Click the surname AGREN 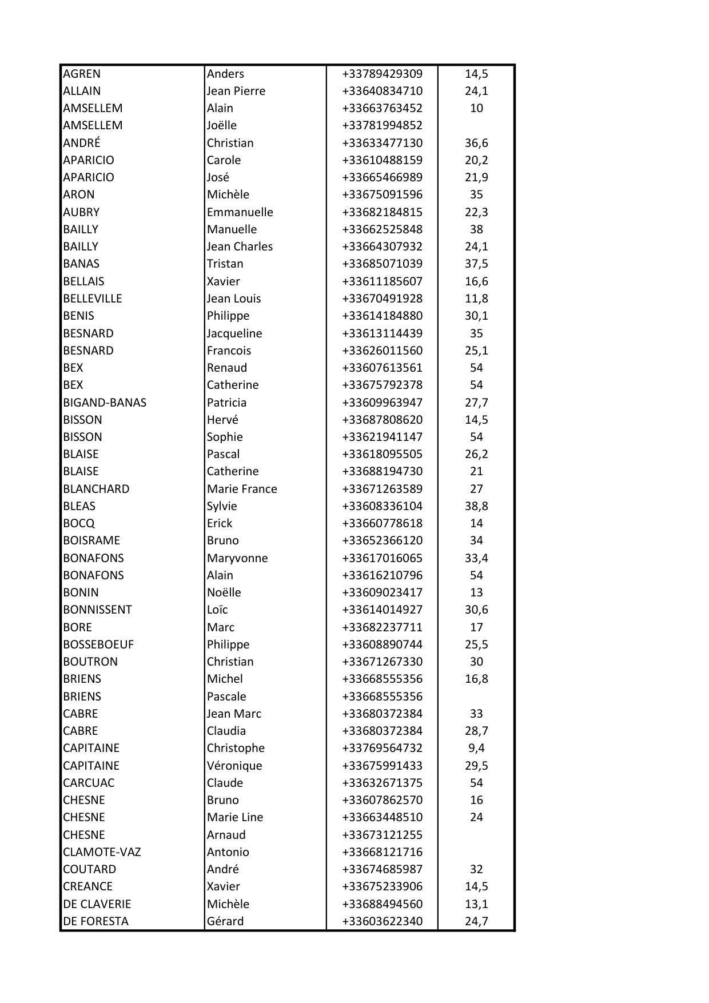(x=82, y=74)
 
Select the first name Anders (x=225, y=74)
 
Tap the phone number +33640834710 (x=382, y=91)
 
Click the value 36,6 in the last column (x=476, y=143)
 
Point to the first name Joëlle (x=222, y=125)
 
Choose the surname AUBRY (x=81, y=212)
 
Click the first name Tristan (x=225, y=264)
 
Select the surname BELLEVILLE (x=93, y=298)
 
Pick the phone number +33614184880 (x=382, y=316)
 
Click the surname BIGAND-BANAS (x=105, y=403)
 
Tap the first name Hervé (x=222, y=420)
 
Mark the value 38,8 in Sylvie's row (x=476, y=506)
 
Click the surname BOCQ (x=79, y=523)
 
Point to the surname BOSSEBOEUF (x=98, y=644)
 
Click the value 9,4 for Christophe (x=476, y=748)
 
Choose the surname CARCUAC (x=89, y=783)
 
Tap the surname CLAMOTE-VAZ (x=102, y=852)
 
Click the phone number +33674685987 (x=382, y=869)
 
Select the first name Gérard (x=225, y=921)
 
